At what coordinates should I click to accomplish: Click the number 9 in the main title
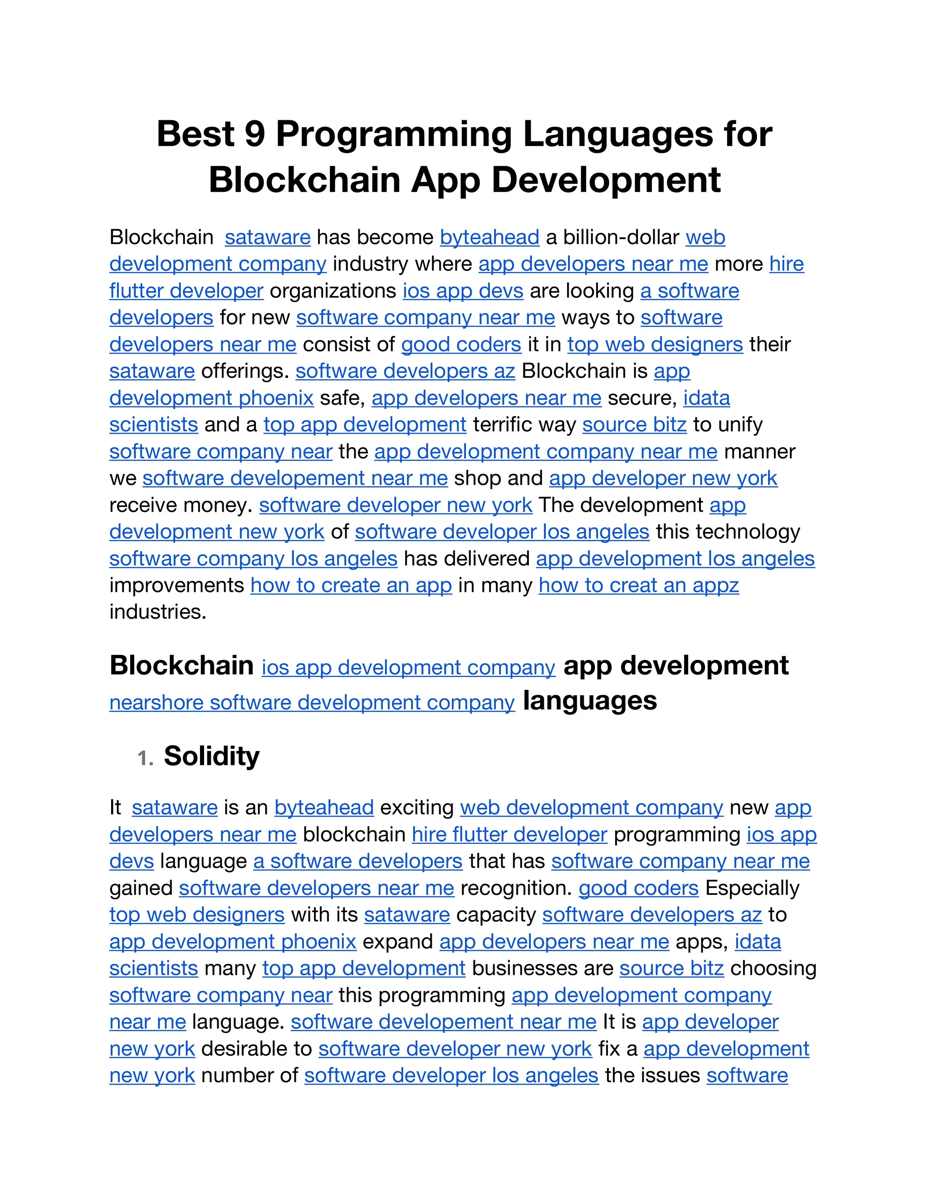(x=255, y=134)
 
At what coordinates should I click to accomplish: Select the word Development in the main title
(x=606, y=180)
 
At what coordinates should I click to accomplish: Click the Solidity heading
(x=211, y=756)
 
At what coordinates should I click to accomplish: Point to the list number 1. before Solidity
(x=145, y=758)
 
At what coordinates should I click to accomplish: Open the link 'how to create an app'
(x=351, y=585)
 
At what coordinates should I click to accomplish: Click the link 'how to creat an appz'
(x=638, y=585)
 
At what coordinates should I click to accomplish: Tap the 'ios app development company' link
(x=408, y=668)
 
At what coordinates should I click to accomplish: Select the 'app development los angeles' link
(x=675, y=559)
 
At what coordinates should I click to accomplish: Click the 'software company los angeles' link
(x=253, y=559)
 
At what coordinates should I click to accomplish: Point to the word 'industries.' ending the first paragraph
(x=158, y=612)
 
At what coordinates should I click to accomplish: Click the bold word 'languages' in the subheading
(x=589, y=701)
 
